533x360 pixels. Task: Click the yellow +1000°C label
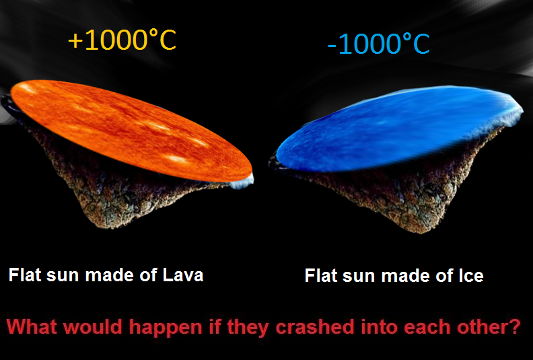(122, 40)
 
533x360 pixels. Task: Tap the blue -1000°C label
(379, 44)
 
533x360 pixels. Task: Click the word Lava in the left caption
(183, 275)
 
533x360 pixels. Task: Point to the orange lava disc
(131, 131)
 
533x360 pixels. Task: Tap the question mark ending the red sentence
(516, 326)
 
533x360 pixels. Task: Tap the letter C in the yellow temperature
(168, 40)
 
